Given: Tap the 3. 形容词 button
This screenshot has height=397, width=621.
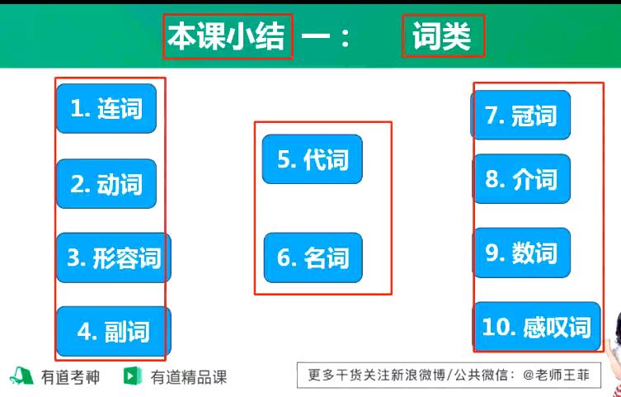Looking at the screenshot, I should [x=113, y=258].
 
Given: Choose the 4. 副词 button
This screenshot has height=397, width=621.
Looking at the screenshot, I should [x=113, y=331].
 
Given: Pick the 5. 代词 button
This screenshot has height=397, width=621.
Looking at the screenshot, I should [x=312, y=159].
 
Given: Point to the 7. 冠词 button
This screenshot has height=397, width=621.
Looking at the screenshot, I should [x=520, y=116].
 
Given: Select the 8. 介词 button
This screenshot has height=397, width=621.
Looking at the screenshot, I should [x=520, y=179].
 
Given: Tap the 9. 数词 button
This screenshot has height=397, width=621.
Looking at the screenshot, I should [x=520, y=253].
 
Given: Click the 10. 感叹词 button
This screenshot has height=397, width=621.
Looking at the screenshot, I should [x=536, y=327].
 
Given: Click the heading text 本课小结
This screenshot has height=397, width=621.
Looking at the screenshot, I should [x=227, y=37].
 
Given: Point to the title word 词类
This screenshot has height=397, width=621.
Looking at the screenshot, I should [x=442, y=37].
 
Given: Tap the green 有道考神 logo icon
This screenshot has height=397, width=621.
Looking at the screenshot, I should [x=21, y=377].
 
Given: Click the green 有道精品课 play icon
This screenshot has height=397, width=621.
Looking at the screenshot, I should [x=131, y=377].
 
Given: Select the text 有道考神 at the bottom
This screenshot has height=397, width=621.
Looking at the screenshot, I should [x=70, y=378].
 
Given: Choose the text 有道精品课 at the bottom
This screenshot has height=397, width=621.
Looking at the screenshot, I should [x=188, y=378].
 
